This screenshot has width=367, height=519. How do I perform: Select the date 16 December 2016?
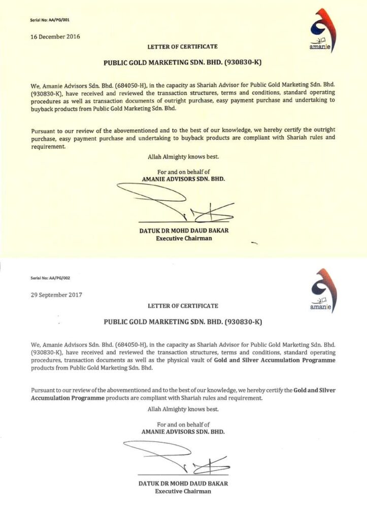coord(55,36)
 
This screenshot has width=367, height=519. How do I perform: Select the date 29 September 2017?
coord(56,294)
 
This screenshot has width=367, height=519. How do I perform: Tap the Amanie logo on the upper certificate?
coord(319,30)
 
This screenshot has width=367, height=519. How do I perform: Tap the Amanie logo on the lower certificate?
coord(321,290)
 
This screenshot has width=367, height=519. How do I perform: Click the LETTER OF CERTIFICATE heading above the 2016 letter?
coord(183,47)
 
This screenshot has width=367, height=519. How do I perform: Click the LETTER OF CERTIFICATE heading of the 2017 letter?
coord(183,306)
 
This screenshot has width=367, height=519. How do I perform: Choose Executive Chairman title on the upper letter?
coord(183,238)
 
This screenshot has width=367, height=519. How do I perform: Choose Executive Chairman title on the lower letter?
coord(183,491)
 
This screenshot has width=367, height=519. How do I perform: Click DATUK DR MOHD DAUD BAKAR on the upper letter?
coord(183,231)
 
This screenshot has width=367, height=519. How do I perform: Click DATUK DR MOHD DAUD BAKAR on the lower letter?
coord(183,484)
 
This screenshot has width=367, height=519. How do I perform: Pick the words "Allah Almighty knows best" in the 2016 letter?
coord(183,157)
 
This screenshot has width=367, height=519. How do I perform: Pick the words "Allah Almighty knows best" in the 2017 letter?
coord(183,409)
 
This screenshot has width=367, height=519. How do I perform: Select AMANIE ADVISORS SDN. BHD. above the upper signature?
coord(183,179)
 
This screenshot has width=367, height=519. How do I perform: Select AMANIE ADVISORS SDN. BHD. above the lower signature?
coord(183,432)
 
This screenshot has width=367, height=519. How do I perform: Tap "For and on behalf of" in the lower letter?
coord(183,425)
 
